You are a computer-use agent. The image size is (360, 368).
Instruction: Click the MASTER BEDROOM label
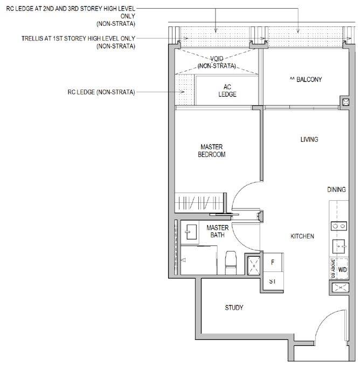[x=212, y=151]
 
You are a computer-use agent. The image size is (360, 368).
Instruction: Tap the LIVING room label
[x=309, y=139]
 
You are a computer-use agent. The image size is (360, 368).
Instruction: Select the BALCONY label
[x=306, y=79]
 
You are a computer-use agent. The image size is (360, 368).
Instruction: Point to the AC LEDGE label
[x=227, y=91]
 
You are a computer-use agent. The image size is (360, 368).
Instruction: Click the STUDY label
[x=234, y=308]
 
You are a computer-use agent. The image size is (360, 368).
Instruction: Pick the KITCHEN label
[x=302, y=236]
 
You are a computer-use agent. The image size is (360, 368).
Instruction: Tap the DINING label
[x=336, y=189]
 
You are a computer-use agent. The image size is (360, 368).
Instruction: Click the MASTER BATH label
[x=218, y=231]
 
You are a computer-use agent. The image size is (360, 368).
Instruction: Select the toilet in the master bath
[x=231, y=262]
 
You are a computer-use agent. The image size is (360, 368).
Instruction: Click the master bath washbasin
[x=191, y=232]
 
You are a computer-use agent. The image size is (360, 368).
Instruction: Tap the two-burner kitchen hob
[x=339, y=226]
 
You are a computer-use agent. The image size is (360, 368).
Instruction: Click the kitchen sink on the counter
[x=338, y=246]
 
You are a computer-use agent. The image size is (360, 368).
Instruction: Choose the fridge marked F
[x=273, y=262]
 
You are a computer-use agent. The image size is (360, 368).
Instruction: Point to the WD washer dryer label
[x=342, y=270]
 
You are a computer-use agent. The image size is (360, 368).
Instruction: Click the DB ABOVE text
[x=333, y=269]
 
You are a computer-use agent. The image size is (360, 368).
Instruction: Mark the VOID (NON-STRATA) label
[x=217, y=62]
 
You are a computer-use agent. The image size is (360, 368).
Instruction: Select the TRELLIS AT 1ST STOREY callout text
[x=78, y=42]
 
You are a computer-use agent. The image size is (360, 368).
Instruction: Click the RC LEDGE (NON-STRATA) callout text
[x=101, y=92]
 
